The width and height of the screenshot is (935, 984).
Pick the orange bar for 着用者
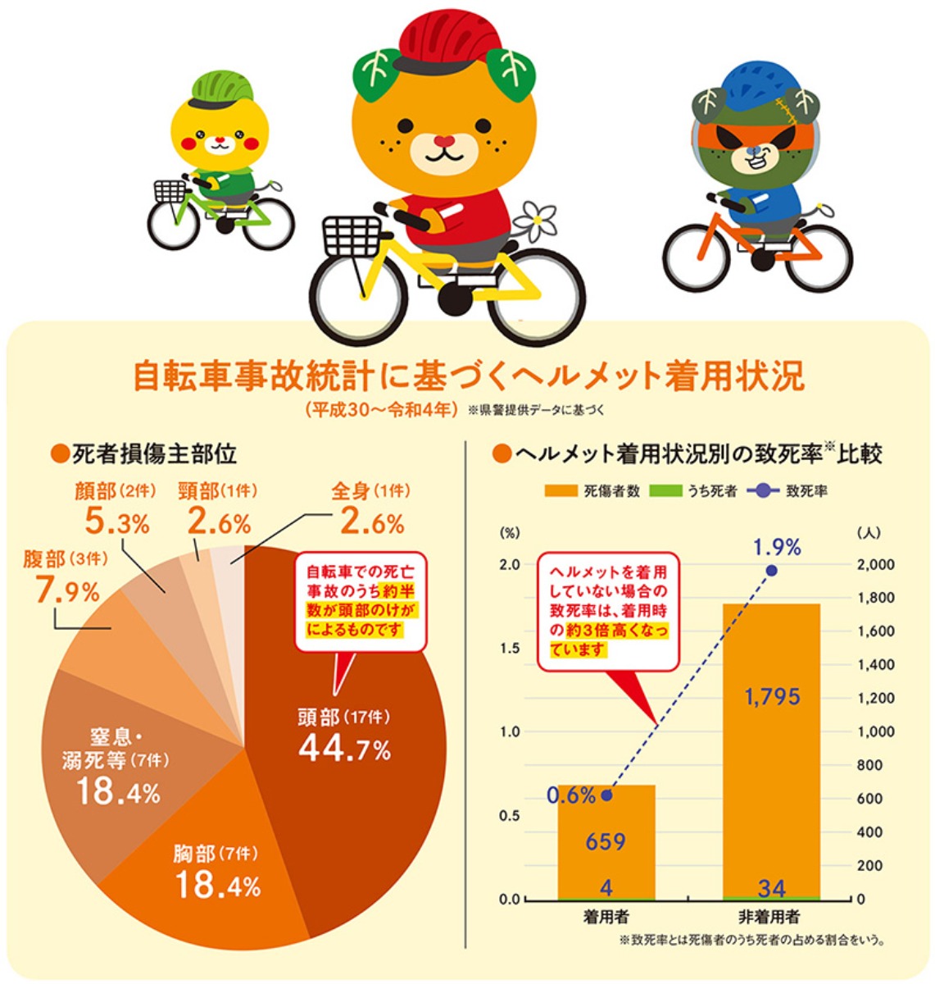pyautogui.click(x=606, y=853)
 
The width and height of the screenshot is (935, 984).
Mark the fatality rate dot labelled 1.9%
pyautogui.click(x=771, y=570)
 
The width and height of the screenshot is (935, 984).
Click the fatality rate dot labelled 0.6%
pyautogui.click(x=606, y=795)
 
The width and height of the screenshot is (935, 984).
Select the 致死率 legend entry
pyautogui.click(x=786, y=492)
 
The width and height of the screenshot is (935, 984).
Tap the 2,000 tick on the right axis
pyautogui.click(x=876, y=565)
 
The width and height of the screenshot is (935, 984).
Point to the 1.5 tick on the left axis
pyautogui.click(x=510, y=649)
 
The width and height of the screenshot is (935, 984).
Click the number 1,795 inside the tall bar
pyautogui.click(x=771, y=697)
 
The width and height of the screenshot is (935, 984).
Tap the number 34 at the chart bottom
pyautogui.click(x=771, y=887)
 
